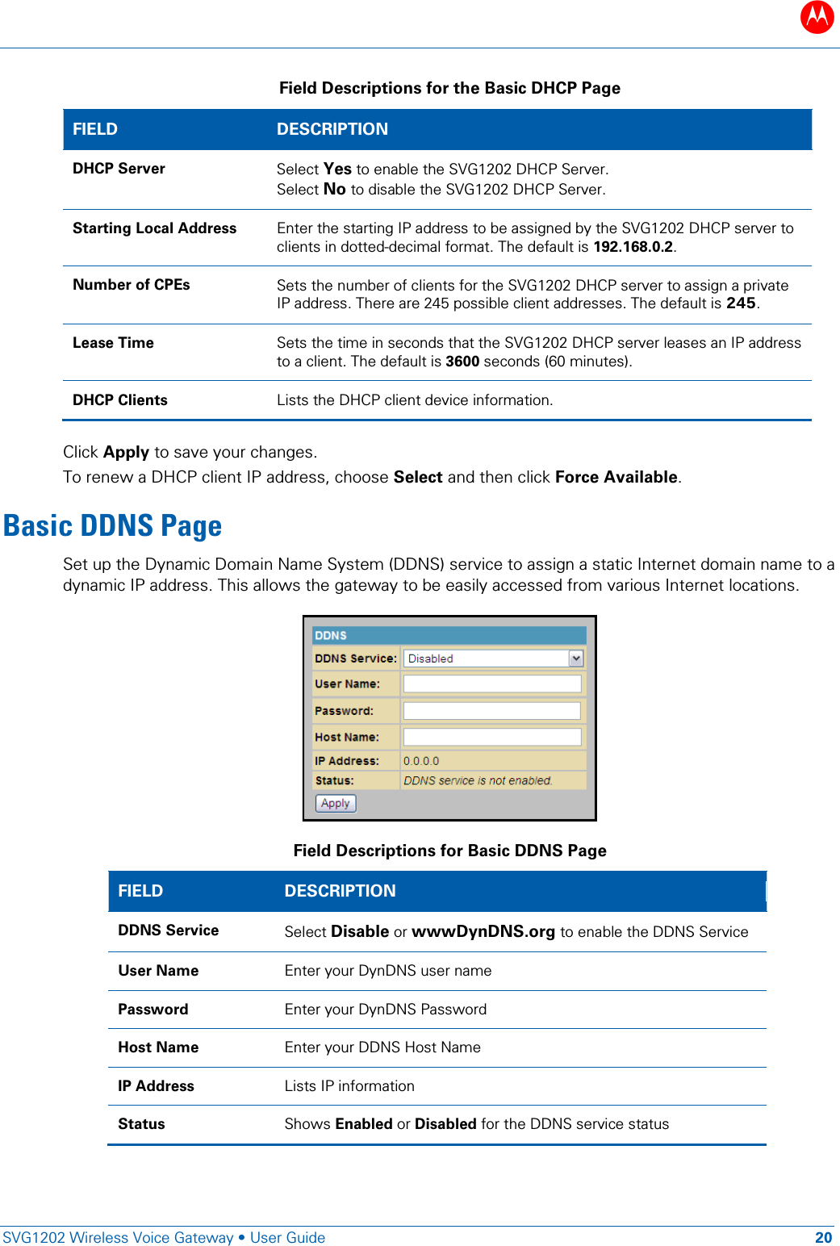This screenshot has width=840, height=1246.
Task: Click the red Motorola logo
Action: (817, 17)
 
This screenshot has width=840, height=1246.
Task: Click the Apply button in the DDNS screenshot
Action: (335, 803)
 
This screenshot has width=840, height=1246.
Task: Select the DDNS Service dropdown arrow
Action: (575, 659)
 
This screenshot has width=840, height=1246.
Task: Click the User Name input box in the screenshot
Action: (491, 684)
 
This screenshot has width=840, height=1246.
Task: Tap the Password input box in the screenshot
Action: (491, 711)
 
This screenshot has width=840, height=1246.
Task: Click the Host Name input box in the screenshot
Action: (491, 737)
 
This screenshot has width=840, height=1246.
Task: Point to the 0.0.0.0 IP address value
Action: (421, 761)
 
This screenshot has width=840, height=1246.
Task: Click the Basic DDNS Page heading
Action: (113, 526)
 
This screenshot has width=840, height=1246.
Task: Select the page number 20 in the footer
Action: (823, 1238)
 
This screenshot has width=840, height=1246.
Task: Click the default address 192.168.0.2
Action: (633, 247)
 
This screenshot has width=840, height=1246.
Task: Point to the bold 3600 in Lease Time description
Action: (462, 362)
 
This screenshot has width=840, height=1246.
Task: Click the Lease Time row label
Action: (113, 343)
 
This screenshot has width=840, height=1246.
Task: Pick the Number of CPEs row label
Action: (132, 285)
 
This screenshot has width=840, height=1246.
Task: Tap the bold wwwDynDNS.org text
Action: (483, 932)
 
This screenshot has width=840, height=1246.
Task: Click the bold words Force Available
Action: (616, 477)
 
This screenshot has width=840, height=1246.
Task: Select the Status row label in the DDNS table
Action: (141, 1124)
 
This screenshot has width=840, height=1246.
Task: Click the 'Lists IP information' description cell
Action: (349, 1086)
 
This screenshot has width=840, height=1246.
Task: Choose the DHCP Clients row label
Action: (120, 400)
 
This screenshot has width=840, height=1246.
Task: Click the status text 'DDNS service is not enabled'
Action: (478, 781)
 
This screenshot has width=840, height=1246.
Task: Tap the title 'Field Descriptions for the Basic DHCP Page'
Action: (449, 88)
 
